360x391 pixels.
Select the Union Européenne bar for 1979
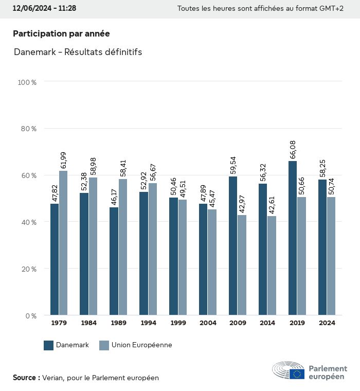point(63,243)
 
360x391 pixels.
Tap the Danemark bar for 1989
point(114,261)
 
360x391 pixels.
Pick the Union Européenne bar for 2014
point(272,265)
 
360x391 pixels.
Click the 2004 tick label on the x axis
point(208,323)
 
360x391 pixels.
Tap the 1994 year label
point(148,323)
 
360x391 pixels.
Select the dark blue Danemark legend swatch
point(49,345)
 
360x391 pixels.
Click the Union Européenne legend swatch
point(104,345)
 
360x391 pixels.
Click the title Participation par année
point(61,33)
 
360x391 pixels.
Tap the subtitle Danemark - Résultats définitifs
point(78,52)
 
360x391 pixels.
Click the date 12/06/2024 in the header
point(32,8)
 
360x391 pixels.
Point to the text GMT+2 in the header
point(331,8)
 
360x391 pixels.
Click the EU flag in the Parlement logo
point(297,374)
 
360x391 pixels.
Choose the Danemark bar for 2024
point(322,247)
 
